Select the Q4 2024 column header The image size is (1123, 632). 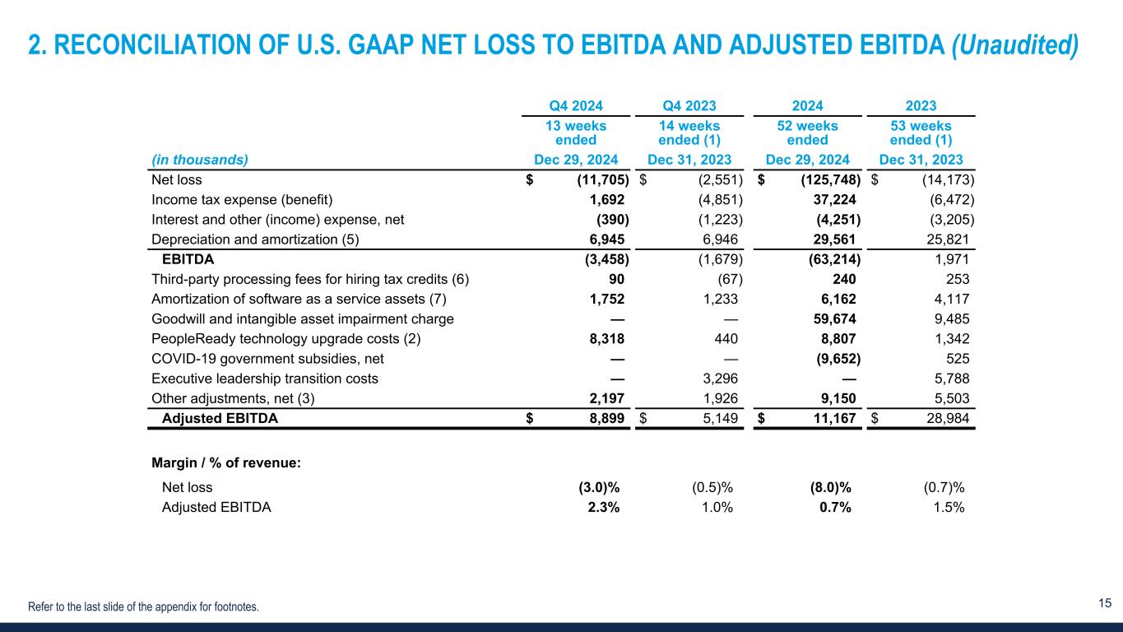(x=576, y=105)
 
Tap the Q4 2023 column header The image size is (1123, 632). (x=689, y=105)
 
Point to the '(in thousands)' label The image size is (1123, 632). (x=200, y=160)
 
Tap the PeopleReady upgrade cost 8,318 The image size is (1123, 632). (x=606, y=338)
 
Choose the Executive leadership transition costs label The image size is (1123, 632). (x=265, y=379)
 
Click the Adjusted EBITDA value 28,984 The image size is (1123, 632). (x=946, y=418)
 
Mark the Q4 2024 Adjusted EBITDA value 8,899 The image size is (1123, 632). (x=606, y=418)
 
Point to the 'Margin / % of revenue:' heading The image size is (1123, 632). (x=226, y=463)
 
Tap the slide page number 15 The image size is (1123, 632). (x=1105, y=603)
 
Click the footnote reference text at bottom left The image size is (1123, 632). (x=143, y=607)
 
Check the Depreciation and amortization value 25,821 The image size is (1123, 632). (x=946, y=239)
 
